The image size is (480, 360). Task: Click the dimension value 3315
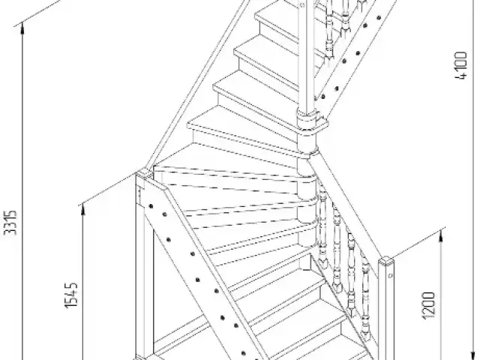click(x=10, y=223)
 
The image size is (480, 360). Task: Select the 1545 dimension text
click(x=71, y=295)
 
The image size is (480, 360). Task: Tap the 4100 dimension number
click(x=461, y=65)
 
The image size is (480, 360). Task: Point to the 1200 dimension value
click(x=428, y=305)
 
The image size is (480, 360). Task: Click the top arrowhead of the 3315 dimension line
click(x=22, y=28)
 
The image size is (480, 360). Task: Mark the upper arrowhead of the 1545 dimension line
click(x=82, y=210)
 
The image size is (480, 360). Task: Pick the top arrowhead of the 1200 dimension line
click(x=440, y=236)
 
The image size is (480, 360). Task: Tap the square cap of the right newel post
click(x=386, y=262)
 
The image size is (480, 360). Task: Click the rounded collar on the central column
click(x=307, y=117)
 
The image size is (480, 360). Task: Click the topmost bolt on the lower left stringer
click(x=151, y=206)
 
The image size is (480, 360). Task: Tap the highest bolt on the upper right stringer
click(x=379, y=17)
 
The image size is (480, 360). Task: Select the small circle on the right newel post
click(x=390, y=276)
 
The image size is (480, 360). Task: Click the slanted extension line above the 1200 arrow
click(x=418, y=241)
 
